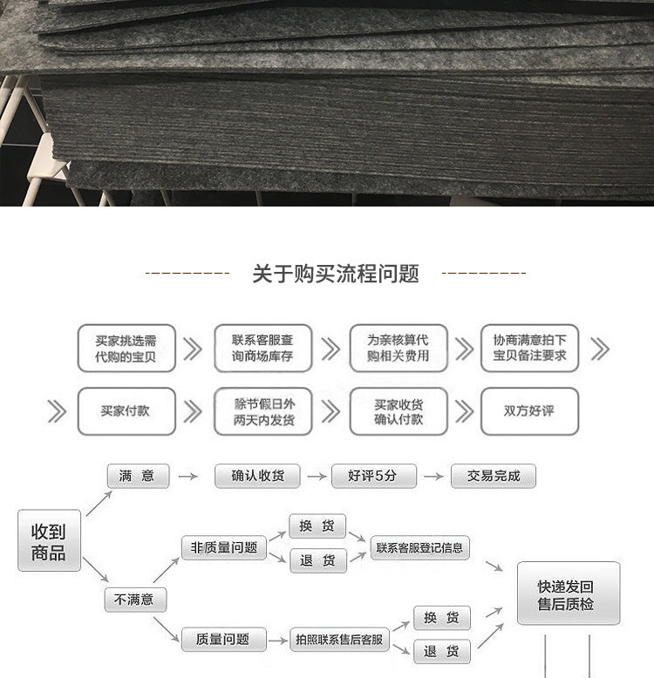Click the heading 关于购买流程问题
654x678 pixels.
pyautogui.click(x=336, y=275)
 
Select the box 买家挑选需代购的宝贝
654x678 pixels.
pyautogui.click(x=126, y=349)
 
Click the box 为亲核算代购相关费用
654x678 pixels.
pyautogui.click(x=398, y=349)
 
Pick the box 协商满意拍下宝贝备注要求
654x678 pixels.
pyautogui.click(x=529, y=349)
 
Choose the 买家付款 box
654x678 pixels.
pyautogui.click(x=126, y=410)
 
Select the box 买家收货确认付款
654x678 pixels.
pyautogui.click(x=398, y=410)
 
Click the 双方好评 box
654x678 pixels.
pyautogui.click(x=529, y=410)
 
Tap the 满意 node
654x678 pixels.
pyautogui.click(x=137, y=476)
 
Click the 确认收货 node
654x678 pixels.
pyautogui.click(x=257, y=476)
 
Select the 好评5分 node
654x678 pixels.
pyautogui.click(x=373, y=476)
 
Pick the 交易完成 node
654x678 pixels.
pyautogui.click(x=494, y=476)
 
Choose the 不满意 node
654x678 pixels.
pyautogui.click(x=135, y=600)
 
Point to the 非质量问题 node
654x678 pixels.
pyautogui.click(x=224, y=548)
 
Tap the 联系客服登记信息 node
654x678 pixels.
pyautogui.click(x=420, y=548)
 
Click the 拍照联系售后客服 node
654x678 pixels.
pyautogui.click(x=338, y=640)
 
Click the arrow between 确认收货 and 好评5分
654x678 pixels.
pyautogui.click(x=315, y=477)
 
